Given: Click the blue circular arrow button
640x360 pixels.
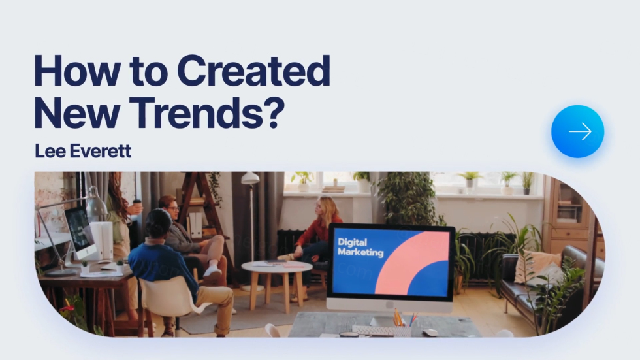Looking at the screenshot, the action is click(577, 131).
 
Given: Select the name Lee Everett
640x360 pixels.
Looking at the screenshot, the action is click(83, 151).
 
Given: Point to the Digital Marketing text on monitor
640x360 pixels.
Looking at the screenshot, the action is click(360, 248).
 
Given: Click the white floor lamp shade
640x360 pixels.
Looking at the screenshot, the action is click(249, 178).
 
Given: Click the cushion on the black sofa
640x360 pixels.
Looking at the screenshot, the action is click(535, 267).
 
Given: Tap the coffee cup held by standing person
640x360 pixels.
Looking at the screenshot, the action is click(137, 204).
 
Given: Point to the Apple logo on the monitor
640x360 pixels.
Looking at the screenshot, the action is click(390, 304).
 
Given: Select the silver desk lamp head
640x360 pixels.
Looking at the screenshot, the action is click(95, 203).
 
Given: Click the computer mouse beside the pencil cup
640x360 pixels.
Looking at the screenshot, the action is click(430, 333).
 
